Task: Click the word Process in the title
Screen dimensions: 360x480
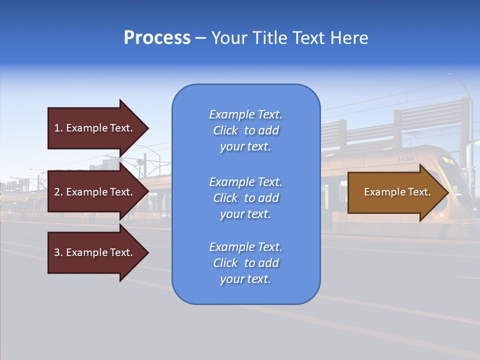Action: [x=157, y=38]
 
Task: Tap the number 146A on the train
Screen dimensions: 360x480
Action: [x=405, y=159]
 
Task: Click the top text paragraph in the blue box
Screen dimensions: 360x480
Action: [x=245, y=130]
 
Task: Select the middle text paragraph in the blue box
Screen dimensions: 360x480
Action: [x=245, y=198]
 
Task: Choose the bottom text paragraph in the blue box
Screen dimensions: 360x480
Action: [x=245, y=263]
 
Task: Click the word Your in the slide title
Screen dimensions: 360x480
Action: [x=227, y=38]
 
